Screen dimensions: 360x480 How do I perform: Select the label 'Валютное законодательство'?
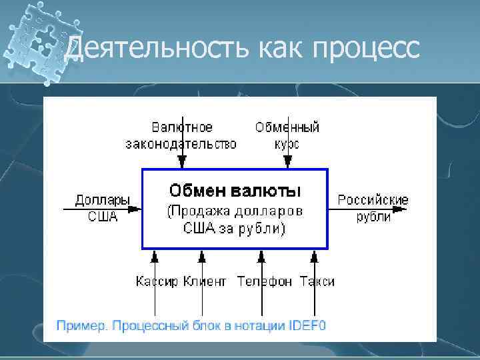click(x=181, y=135)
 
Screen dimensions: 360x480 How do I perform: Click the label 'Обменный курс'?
click(x=287, y=135)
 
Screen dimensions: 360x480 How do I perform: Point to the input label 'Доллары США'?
click(x=102, y=208)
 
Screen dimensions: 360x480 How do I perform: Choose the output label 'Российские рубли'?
click(x=373, y=208)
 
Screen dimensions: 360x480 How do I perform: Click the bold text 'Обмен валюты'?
click(x=235, y=191)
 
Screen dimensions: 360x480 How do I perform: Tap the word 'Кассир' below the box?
click(x=157, y=281)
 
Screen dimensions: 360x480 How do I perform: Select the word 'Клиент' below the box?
click(x=205, y=281)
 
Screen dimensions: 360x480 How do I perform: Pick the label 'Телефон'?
click(x=264, y=281)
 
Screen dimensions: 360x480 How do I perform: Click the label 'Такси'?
click(x=317, y=281)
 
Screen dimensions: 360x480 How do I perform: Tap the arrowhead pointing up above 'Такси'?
click(x=313, y=256)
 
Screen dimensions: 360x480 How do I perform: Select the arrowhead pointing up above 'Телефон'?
click(x=261, y=256)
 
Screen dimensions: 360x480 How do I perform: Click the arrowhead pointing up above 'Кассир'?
click(x=155, y=256)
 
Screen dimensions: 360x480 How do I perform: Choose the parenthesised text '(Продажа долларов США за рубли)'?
click(x=234, y=221)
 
